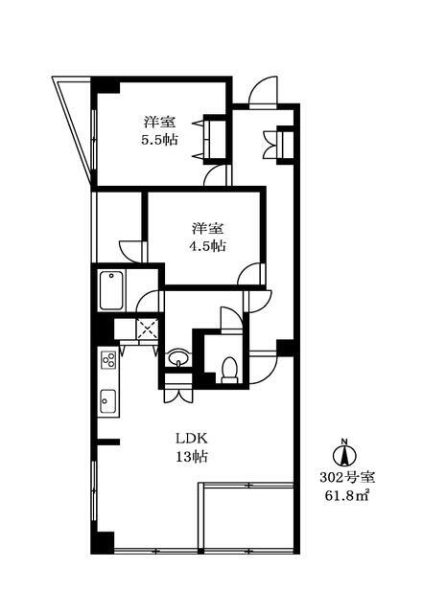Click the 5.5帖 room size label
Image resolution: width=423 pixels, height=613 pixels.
[158, 139]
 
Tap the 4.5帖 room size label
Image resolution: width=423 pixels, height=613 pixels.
[206, 245]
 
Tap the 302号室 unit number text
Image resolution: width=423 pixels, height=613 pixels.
[341, 476]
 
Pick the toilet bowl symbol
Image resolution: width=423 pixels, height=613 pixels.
[228, 367]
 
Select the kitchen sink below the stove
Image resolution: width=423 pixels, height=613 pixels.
[107, 400]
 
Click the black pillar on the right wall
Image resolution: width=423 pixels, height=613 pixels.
[284, 347]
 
